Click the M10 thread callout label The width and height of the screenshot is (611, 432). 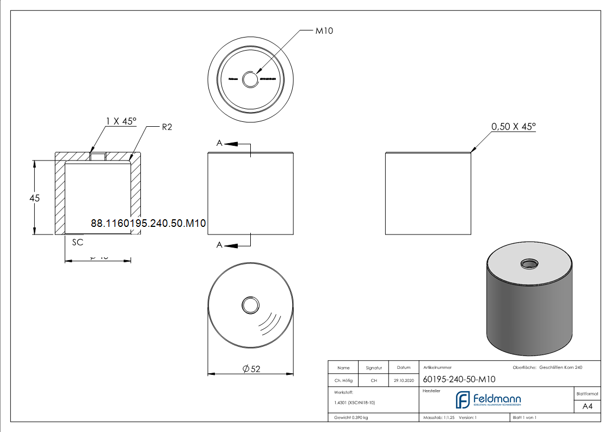pos(324,31)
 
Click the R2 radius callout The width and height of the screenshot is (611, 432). pos(167,128)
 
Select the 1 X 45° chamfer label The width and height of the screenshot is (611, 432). pos(120,122)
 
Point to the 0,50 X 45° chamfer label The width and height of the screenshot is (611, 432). pos(513,127)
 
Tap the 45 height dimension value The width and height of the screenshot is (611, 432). pos(35,199)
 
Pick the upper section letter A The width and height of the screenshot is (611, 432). pos(219,143)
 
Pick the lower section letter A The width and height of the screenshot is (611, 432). pos(219,245)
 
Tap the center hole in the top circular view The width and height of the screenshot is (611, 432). pos(251,79)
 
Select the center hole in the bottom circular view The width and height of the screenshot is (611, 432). pos(251,305)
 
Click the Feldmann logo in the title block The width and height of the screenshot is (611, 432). pos(488,400)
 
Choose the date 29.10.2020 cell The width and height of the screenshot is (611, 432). pos(404,381)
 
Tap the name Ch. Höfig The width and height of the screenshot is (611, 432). pos(343,381)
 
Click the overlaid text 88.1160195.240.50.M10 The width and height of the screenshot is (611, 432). pos(148,223)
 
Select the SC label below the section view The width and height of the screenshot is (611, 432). pos(77,242)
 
